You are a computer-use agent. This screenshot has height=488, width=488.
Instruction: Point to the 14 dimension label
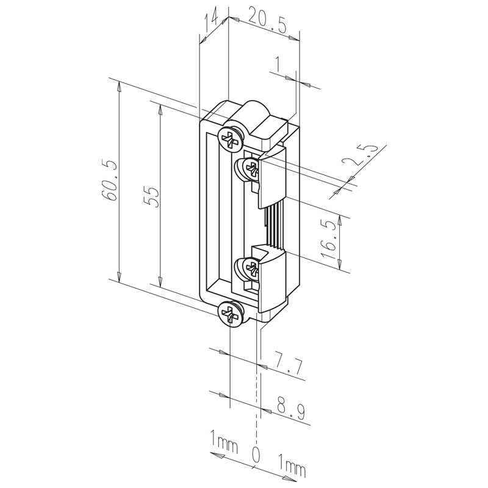pos(211,19)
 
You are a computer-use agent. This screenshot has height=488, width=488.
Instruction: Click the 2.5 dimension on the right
pos(361,157)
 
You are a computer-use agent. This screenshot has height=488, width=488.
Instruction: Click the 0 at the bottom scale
pos(256,454)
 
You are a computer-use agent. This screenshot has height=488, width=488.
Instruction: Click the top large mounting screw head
pos(231,140)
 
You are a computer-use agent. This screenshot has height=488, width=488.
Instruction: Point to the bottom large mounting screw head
pos(231,314)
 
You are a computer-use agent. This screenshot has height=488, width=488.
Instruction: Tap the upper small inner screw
pos(251,169)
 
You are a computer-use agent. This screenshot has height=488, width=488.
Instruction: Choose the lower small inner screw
pos(251,267)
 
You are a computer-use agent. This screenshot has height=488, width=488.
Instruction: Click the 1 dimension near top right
pos(279,65)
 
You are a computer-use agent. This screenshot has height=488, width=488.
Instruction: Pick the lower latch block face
pos(272,280)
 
